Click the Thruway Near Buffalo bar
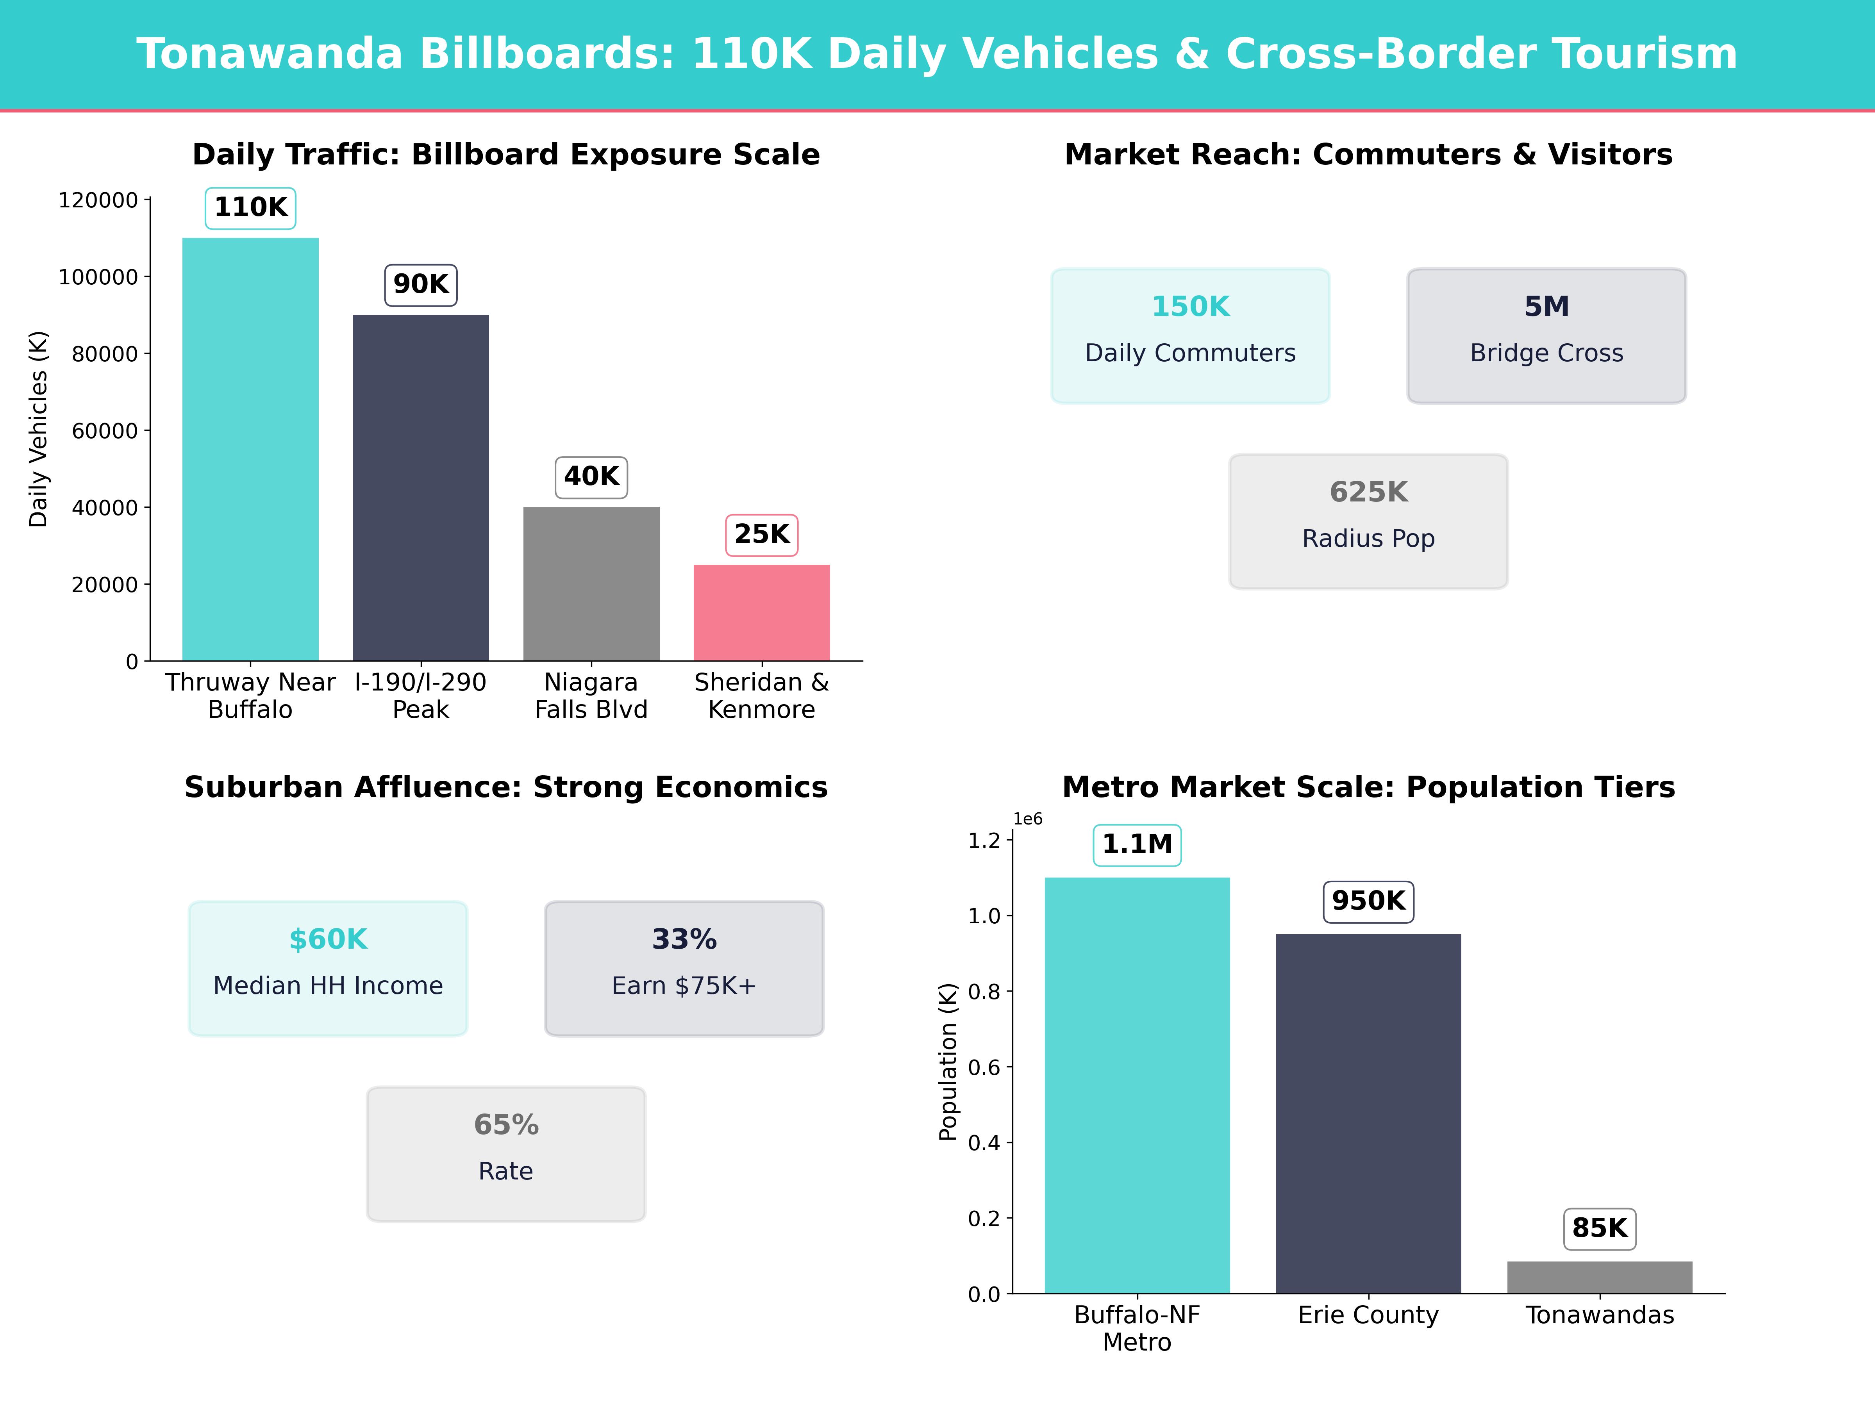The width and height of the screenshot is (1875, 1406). point(250,449)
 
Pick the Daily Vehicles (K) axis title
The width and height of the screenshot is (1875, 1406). point(38,429)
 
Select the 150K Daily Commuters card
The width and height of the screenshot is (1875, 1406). point(1190,335)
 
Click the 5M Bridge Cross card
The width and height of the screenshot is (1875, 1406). point(1546,335)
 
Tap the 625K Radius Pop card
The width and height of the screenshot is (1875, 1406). point(1368,521)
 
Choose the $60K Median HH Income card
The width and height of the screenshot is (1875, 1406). point(328,968)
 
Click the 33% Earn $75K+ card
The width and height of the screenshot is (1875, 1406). point(684,968)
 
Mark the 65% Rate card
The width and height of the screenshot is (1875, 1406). point(506,1153)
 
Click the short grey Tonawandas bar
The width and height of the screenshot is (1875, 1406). point(1600,1277)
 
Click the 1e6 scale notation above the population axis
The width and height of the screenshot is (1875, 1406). point(1027,819)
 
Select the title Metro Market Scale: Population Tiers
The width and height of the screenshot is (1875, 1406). point(1368,787)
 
